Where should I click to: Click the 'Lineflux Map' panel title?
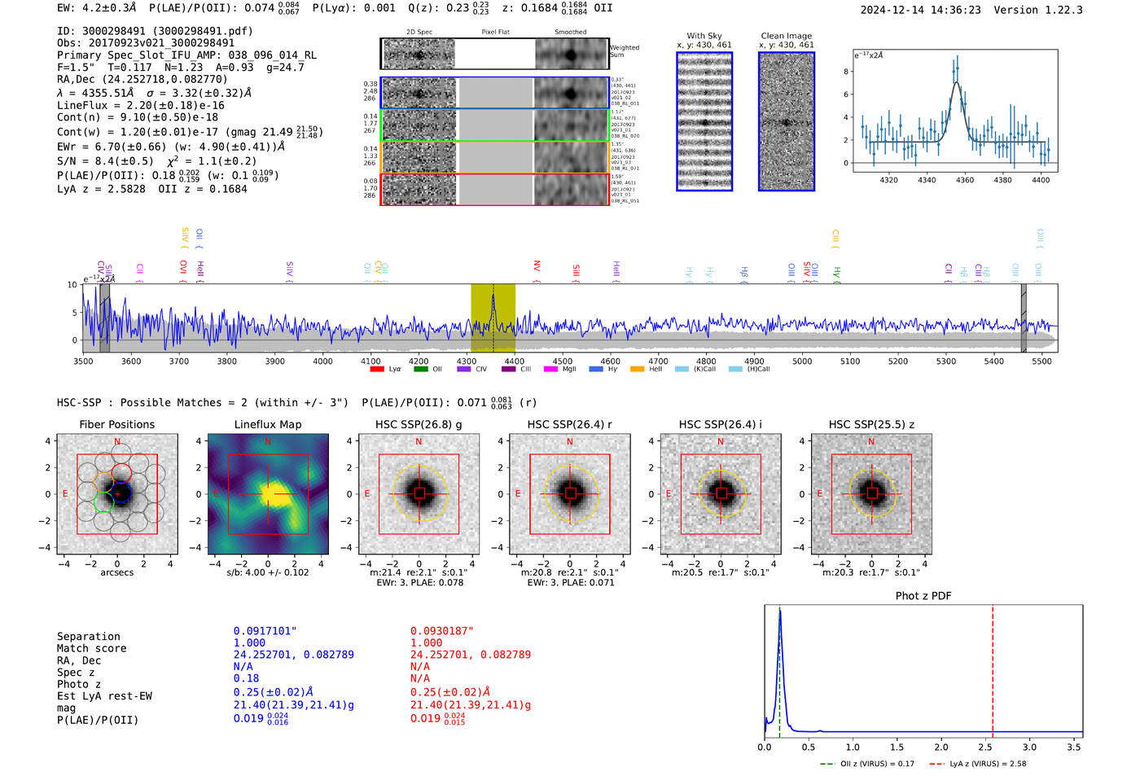point(267,424)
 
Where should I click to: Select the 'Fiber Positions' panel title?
point(116,424)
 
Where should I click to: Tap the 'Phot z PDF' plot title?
point(923,596)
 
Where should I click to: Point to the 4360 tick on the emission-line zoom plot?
point(965,180)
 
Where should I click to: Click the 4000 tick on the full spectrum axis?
point(322,361)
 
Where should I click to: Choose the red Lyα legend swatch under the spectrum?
point(377,369)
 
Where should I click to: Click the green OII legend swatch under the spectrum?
point(420,369)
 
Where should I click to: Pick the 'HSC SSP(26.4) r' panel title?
point(569,424)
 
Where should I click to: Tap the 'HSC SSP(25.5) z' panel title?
point(871,424)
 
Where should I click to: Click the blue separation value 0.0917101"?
point(265,631)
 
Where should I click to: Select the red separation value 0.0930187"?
point(441,631)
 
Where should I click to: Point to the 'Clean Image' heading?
point(786,36)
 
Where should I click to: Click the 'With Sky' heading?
point(704,36)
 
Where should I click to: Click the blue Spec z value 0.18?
point(246,677)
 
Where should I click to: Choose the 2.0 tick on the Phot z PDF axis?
point(941,747)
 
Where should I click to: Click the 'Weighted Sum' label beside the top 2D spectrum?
point(625,51)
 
